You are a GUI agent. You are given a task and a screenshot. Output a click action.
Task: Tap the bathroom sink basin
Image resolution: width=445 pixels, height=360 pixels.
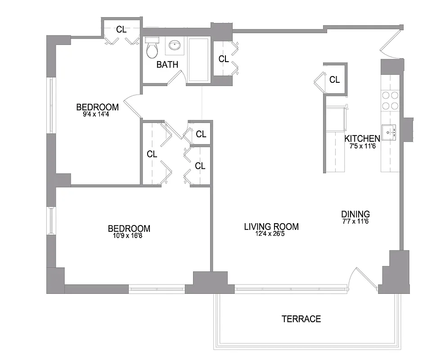point(175,45)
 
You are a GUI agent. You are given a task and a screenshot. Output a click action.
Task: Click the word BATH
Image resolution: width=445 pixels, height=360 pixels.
point(167,65)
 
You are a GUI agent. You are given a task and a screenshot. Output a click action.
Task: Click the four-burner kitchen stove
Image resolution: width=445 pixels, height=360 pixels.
point(390,100)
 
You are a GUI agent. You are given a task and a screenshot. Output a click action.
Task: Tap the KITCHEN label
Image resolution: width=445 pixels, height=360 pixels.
point(362,139)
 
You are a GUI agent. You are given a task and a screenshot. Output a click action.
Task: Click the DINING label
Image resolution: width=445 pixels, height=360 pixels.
point(355,214)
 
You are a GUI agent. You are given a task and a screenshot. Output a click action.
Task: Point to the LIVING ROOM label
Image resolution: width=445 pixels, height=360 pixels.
point(271,227)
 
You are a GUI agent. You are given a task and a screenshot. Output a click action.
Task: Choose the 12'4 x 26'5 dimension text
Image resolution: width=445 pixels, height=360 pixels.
point(271,234)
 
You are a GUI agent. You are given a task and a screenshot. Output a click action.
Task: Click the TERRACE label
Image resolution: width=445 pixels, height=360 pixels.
point(301,319)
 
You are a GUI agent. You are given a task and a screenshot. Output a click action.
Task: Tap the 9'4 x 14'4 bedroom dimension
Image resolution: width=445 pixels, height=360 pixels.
point(97,114)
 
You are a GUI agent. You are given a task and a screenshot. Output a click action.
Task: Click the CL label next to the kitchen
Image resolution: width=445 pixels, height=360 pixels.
point(334,80)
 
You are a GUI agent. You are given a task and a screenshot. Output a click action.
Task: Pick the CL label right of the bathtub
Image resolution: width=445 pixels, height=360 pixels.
point(224,59)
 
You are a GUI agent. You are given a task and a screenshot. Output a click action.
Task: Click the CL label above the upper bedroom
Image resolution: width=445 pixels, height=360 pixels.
point(121,30)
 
